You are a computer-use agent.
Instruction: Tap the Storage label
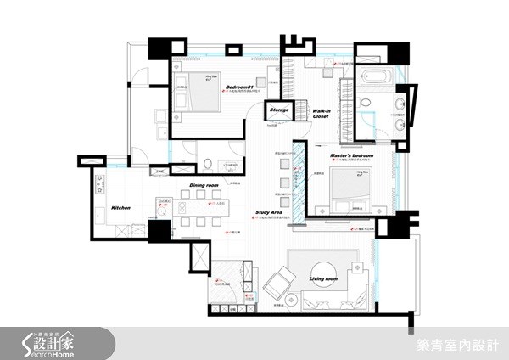click(279, 110)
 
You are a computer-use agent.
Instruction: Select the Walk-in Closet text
click(321, 114)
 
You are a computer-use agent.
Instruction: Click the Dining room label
click(204, 184)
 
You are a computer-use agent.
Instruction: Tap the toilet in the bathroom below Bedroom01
click(208, 163)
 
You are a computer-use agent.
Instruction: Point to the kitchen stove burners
click(99, 183)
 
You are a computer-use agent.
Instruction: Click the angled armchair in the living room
click(277, 286)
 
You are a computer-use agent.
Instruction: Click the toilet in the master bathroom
click(366, 104)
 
